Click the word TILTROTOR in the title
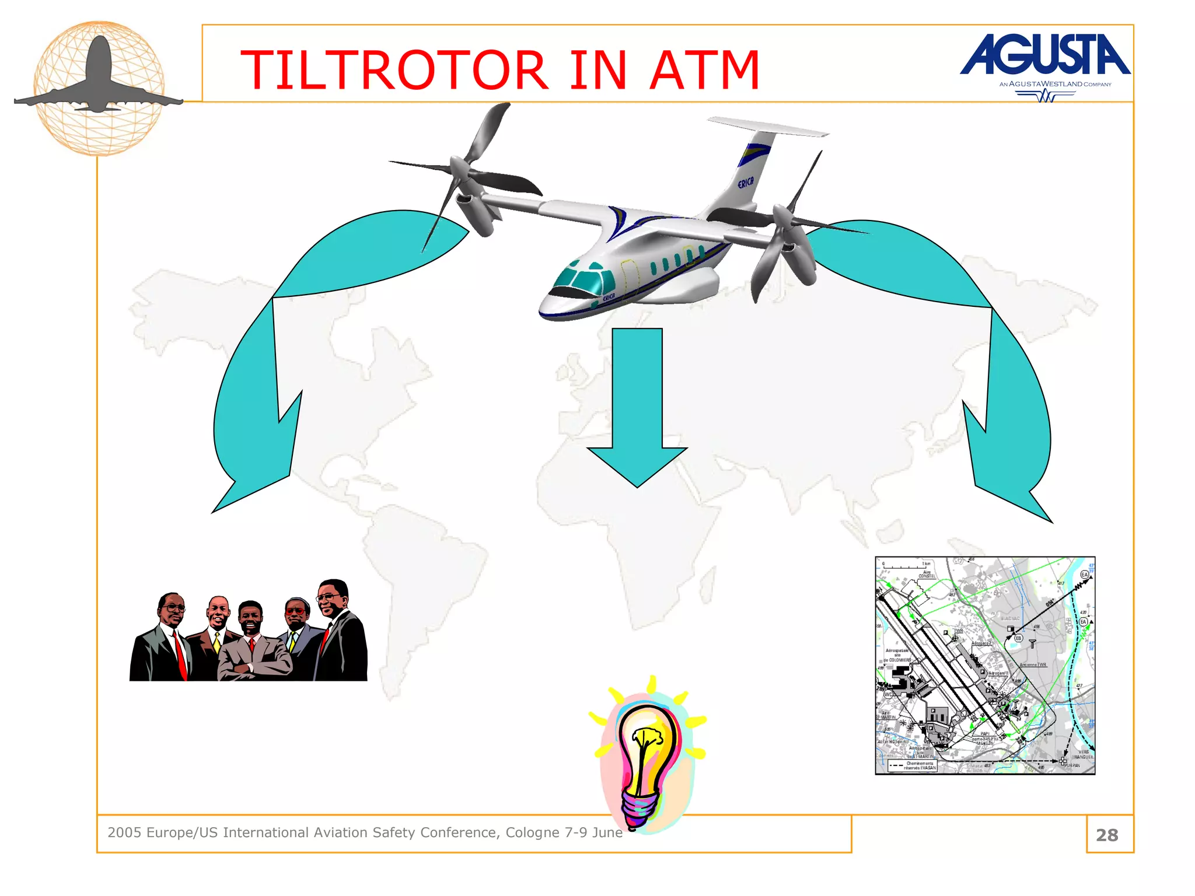click(x=394, y=71)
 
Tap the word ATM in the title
click(x=704, y=71)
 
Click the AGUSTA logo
click(x=1044, y=55)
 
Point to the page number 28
click(x=1107, y=835)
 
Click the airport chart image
click(x=985, y=666)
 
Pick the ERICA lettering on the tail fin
click(x=745, y=183)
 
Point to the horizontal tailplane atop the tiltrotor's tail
click(x=767, y=126)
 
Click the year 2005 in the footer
click(x=124, y=832)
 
